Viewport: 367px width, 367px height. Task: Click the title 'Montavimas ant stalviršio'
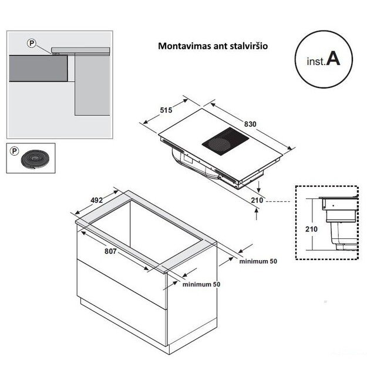pyautogui.click(x=213, y=45)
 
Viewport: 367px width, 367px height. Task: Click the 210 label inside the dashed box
pyautogui.click(x=312, y=228)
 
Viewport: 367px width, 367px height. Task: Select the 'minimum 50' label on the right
pyautogui.click(x=258, y=261)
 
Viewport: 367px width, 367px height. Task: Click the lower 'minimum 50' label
pyautogui.click(x=201, y=284)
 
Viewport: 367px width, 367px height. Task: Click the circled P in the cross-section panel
pyautogui.click(x=31, y=43)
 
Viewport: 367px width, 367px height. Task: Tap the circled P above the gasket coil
pyautogui.click(x=14, y=151)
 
